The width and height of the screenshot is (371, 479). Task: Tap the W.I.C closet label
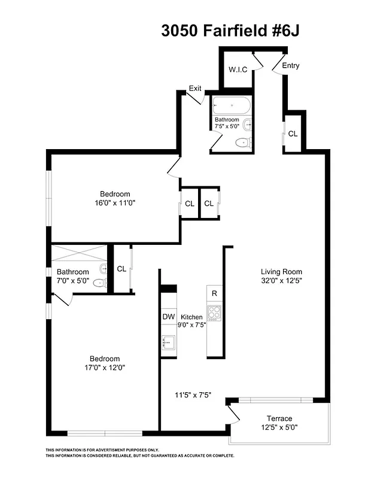238,69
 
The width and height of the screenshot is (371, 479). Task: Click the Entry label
291,66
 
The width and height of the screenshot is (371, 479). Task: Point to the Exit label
195,88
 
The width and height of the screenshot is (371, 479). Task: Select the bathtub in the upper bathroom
232,107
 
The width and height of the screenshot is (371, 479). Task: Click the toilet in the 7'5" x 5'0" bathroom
242,143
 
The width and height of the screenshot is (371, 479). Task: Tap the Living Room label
281,270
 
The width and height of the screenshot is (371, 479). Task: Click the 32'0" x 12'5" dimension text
281,280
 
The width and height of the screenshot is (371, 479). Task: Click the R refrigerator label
214,293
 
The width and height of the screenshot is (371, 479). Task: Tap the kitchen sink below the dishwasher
168,341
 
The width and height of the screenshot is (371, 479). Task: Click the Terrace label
279,418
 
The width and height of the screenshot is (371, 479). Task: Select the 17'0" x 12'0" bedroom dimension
105,368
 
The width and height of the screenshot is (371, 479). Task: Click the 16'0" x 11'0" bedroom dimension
115,203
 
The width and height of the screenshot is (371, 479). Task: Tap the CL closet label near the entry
293,134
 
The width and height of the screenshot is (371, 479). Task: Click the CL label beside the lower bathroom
121,269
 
